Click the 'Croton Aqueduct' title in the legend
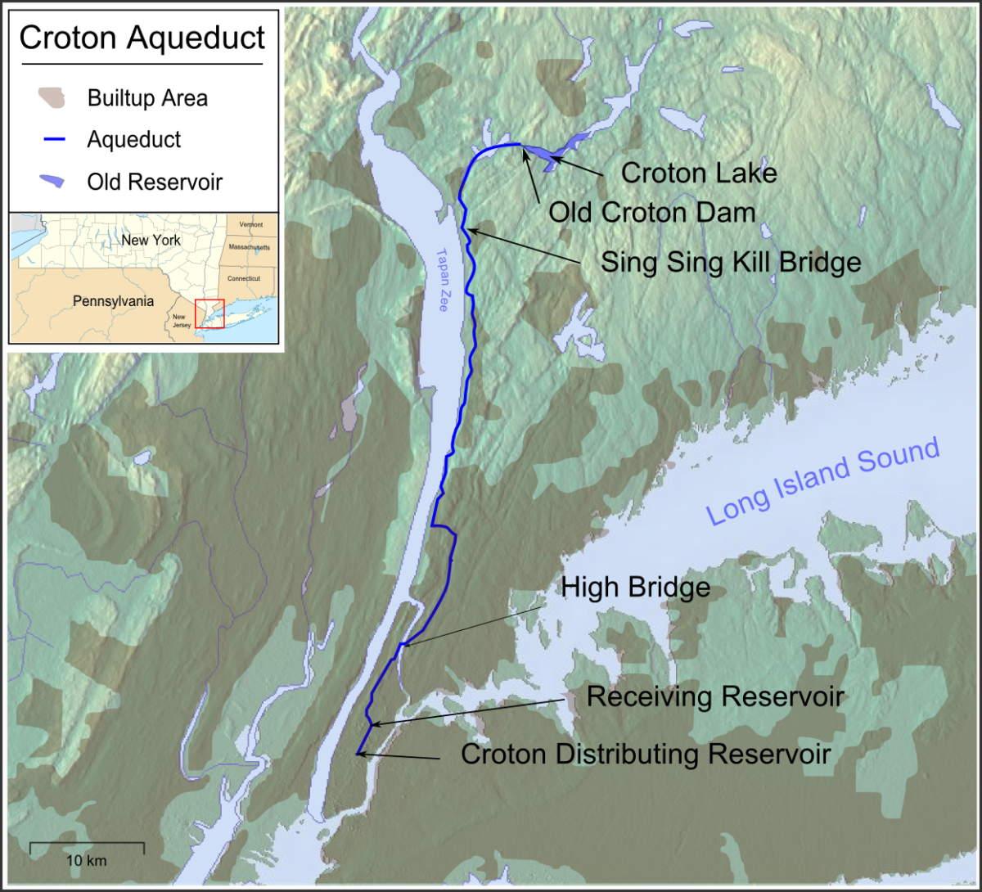(x=142, y=38)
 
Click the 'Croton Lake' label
(x=698, y=173)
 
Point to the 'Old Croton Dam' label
(x=651, y=213)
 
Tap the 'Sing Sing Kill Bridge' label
(x=731, y=262)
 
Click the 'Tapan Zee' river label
(x=442, y=283)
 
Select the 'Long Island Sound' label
(x=822, y=483)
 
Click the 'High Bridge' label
(x=635, y=588)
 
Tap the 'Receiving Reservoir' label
(x=714, y=697)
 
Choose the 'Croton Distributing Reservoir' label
(x=646, y=754)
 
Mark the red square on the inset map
(x=209, y=313)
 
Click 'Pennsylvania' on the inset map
(x=113, y=301)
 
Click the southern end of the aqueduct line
(x=358, y=753)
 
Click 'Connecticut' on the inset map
(x=243, y=278)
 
